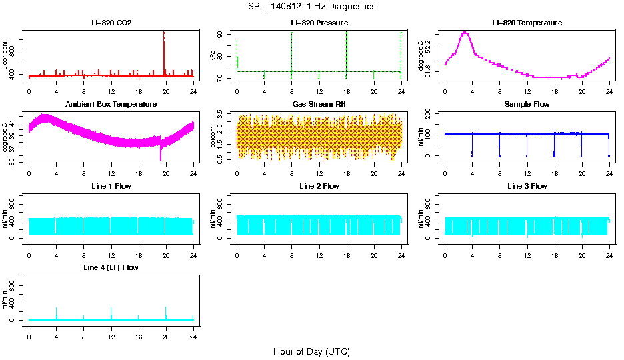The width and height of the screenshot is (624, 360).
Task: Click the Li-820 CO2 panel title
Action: click(x=111, y=23)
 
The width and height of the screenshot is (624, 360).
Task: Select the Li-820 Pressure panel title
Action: click(x=319, y=23)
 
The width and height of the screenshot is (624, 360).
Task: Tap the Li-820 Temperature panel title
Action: click(x=527, y=23)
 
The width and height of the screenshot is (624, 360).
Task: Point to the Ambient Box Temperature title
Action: click(x=111, y=105)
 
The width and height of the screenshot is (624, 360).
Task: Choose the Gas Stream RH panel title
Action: click(x=319, y=105)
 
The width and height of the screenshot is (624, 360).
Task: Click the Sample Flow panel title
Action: click(x=527, y=105)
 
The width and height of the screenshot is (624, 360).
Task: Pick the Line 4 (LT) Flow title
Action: click(x=111, y=267)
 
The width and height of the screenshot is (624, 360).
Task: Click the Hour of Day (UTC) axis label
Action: click(x=311, y=351)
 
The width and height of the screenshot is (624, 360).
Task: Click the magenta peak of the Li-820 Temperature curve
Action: click(x=465, y=33)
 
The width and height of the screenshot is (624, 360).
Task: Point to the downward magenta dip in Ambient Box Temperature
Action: click(x=161, y=157)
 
